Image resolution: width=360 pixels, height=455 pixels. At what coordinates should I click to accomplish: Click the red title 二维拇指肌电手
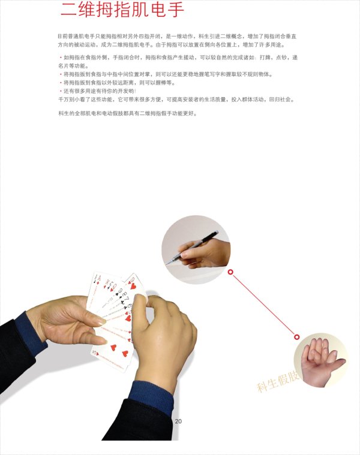coord(122,11)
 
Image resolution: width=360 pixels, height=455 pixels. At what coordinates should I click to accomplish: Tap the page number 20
coord(178,421)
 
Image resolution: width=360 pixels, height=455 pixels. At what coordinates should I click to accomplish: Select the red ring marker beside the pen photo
coord(230,272)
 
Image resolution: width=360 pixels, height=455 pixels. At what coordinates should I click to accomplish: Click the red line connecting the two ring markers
coord(263,305)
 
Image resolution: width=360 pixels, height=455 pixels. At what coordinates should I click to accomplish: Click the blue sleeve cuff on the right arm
coord(151,393)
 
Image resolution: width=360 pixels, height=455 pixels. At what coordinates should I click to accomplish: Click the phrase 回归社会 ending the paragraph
coord(283,98)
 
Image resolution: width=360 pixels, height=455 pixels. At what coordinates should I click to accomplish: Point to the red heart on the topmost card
coord(133,285)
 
